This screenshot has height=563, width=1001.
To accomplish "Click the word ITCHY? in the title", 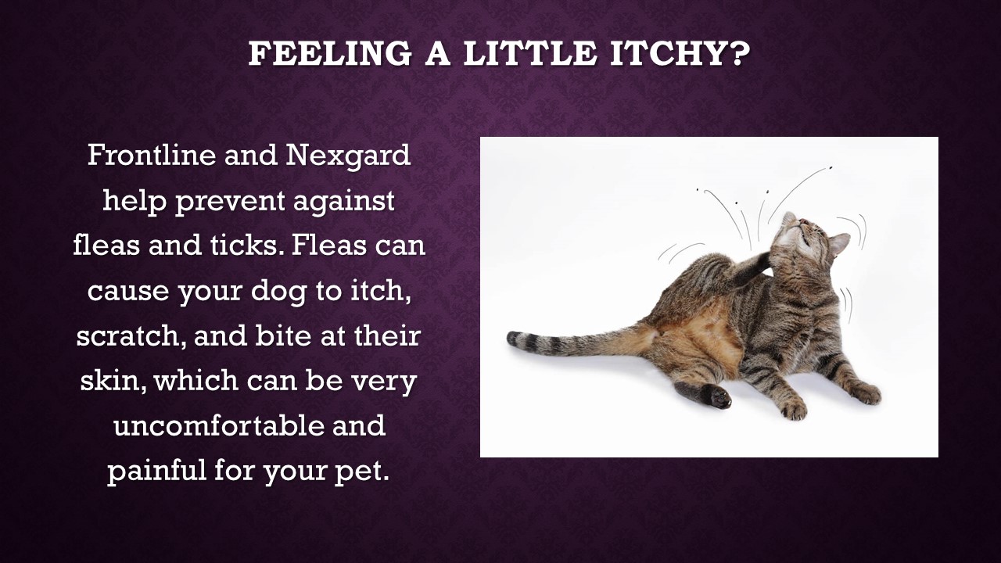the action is [680, 54].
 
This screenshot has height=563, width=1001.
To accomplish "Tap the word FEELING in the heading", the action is [330, 54].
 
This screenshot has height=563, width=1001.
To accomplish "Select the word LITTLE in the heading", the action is [529, 54].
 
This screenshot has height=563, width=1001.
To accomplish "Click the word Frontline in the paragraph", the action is [152, 155].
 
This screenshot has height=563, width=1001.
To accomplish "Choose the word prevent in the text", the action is [230, 202].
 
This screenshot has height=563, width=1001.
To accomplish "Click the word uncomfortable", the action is [218, 425].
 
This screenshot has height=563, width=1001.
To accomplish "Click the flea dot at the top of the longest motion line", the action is [831, 168].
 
